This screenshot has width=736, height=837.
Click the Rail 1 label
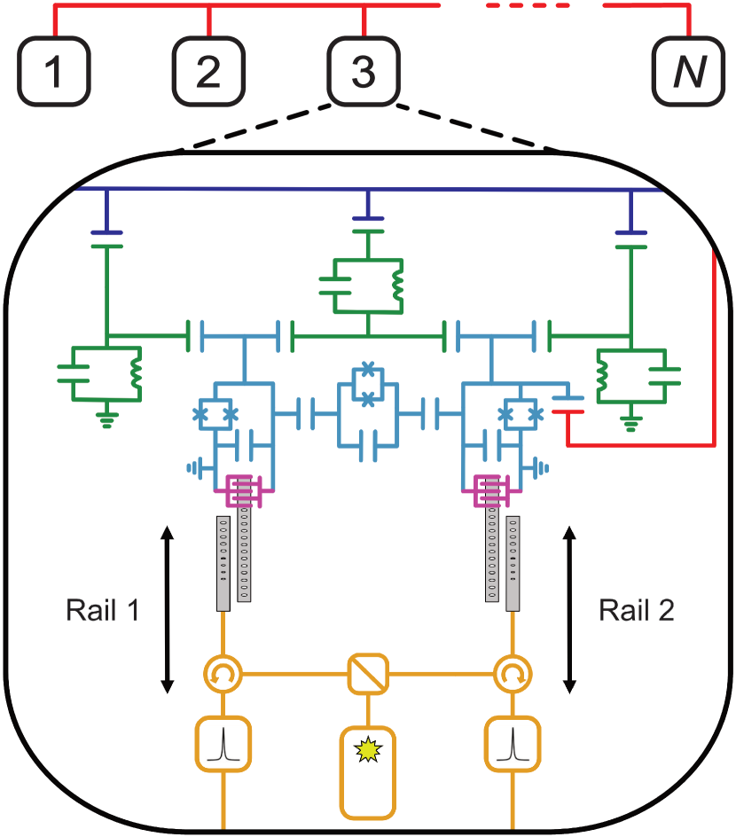click(x=102, y=611)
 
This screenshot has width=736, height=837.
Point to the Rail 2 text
click(x=636, y=611)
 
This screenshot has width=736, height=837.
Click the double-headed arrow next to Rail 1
click(x=166, y=609)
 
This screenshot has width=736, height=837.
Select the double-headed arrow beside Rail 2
click(x=570, y=609)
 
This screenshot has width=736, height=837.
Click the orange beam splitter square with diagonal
click(x=366, y=673)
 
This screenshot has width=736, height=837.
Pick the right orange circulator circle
click(x=512, y=674)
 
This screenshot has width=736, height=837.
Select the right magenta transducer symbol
click(x=490, y=489)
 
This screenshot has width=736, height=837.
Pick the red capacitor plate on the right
click(x=568, y=411)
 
